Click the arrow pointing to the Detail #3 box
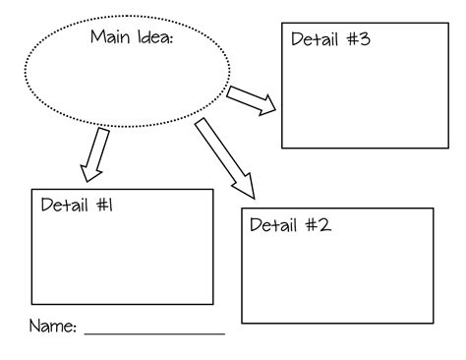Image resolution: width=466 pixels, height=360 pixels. [x=252, y=100]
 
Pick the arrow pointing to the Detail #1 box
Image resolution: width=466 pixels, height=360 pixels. [x=95, y=155]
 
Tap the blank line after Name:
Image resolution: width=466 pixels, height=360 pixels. [x=154, y=332]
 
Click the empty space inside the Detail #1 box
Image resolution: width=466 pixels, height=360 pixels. [x=122, y=256]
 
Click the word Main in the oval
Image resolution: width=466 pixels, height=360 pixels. [x=109, y=38]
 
